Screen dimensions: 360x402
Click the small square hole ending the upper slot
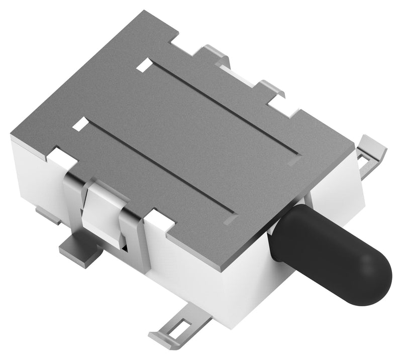point(145,64)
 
